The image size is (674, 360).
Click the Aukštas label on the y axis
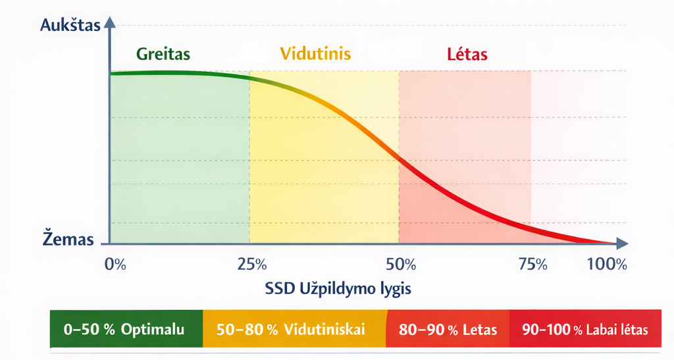coord(70,26)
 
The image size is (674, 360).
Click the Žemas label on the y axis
coord(68,240)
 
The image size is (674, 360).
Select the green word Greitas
coord(164,54)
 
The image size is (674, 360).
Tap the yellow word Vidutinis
coord(315,53)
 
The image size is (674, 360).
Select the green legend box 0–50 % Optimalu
coord(126,329)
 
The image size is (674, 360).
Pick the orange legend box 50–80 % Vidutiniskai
coord(294,329)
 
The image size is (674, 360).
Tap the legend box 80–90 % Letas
coord(448,329)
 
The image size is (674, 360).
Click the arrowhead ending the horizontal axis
coord(621,244)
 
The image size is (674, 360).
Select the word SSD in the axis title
coord(280,288)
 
